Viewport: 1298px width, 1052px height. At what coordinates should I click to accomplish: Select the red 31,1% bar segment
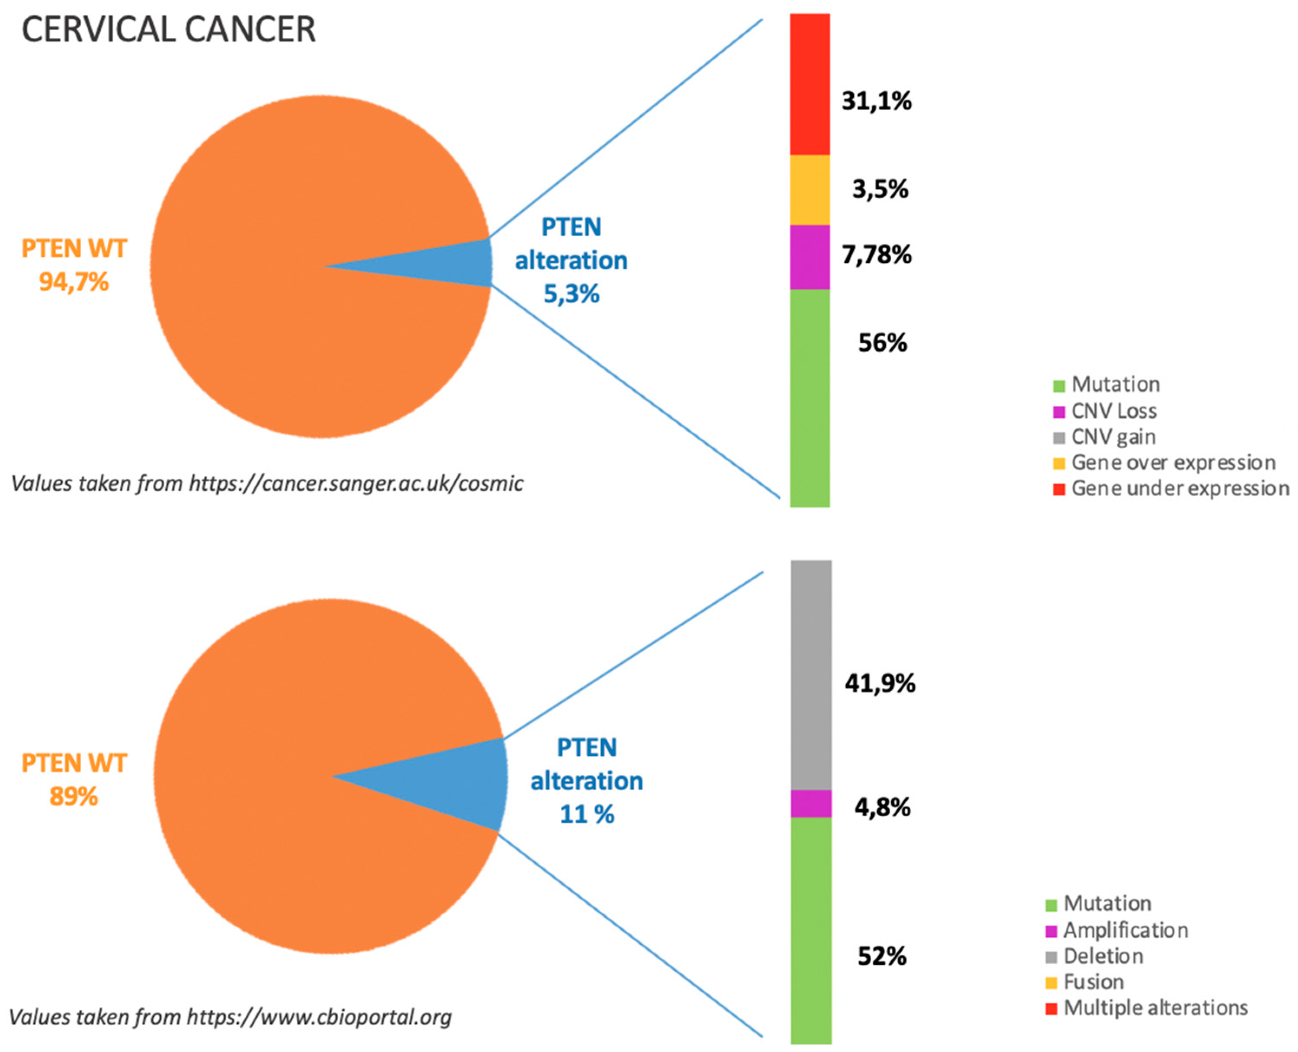pyautogui.click(x=809, y=85)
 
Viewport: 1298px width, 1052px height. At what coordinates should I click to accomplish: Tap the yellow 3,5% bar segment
pyautogui.click(x=809, y=190)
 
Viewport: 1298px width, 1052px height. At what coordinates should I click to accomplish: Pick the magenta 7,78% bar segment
pyautogui.click(x=809, y=257)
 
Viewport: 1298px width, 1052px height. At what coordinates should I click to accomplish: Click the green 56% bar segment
pyautogui.click(x=809, y=397)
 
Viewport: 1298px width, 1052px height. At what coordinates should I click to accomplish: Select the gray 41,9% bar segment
pyautogui.click(x=810, y=675)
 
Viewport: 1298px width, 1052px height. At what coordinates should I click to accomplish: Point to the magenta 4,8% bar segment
pyautogui.click(x=810, y=803)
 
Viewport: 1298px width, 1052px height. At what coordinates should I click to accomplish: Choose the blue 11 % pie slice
pyautogui.click(x=460, y=782)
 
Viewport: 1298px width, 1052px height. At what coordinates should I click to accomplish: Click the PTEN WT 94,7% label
pyautogui.click(x=74, y=265)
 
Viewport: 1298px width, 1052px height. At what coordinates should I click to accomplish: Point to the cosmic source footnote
pyautogui.click(x=267, y=483)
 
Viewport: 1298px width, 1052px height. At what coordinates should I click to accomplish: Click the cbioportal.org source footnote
pyautogui.click(x=230, y=1017)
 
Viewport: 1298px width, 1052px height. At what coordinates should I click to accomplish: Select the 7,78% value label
pyautogui.click(x=876, y=255)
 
